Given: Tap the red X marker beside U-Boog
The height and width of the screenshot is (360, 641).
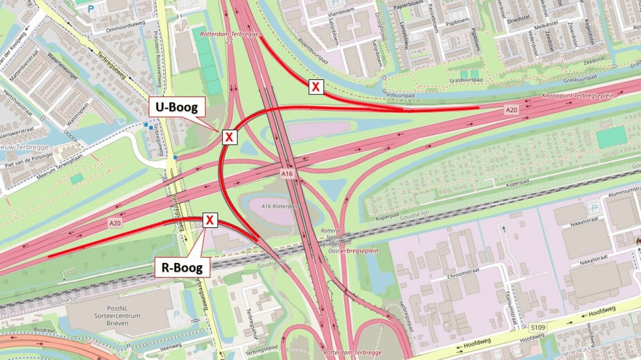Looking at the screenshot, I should (229, 137).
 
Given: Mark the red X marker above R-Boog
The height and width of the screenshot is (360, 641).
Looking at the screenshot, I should (210, 220).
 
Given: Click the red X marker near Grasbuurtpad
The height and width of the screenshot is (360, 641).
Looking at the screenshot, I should (315, 87).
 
